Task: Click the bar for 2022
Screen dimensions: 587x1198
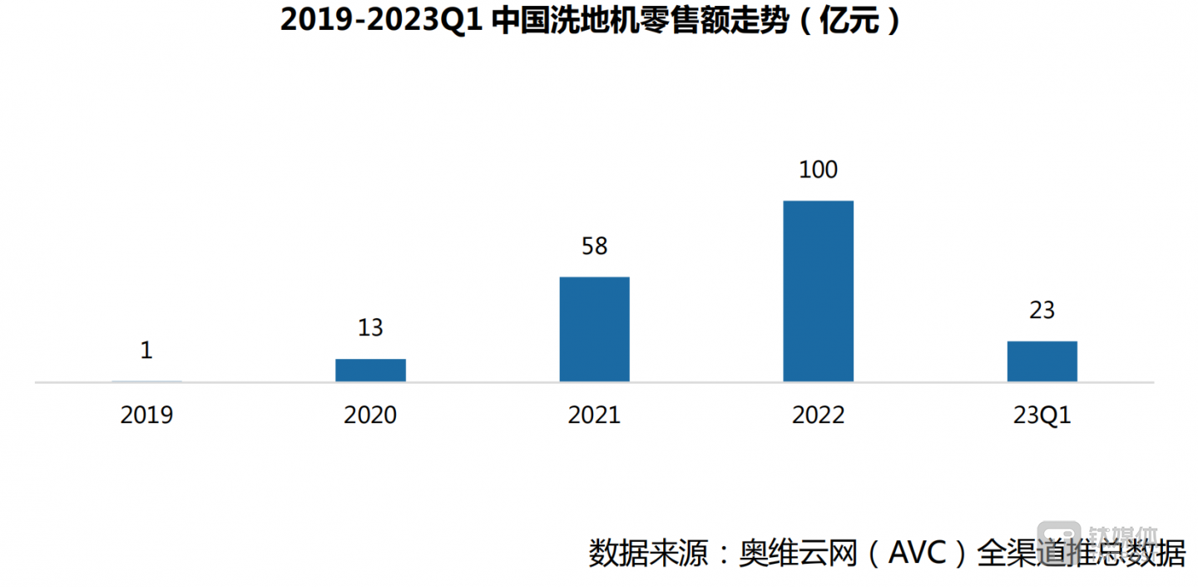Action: [818, 291]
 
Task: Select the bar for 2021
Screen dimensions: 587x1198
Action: [594, 329]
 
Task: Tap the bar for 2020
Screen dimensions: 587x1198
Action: [370, 370]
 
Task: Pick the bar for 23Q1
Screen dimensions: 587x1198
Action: [1042, 361]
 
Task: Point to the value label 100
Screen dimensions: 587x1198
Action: [818, 170]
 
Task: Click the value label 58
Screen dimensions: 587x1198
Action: [594, 246]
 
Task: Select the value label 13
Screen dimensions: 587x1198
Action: [370, 328]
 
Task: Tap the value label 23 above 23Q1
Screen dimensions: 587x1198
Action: [1042, 311]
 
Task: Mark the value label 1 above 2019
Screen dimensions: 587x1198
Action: [146, 351]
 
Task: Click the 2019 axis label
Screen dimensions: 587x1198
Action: [146, 415]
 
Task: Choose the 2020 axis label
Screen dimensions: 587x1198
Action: [370, 415]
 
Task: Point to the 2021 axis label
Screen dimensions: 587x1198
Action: [594, 415]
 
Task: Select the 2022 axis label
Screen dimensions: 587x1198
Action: [818, 415]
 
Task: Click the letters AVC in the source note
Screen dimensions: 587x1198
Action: [920, 554]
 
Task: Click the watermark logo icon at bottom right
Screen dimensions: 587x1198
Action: [1057, 534]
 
